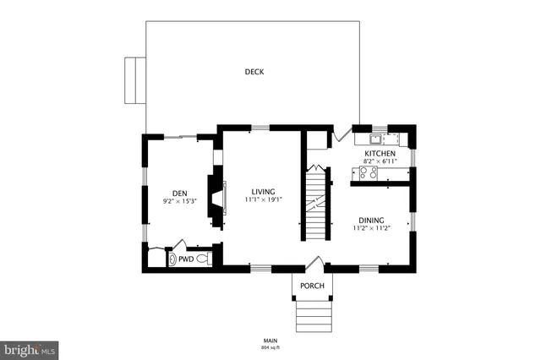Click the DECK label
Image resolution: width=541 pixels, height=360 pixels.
[254, 72]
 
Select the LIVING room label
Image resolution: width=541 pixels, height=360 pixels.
[263, 192]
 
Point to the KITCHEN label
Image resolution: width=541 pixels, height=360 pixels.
[380, 153]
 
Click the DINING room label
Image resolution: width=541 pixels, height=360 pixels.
[369, 219]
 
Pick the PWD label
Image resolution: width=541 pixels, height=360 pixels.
[185, 260]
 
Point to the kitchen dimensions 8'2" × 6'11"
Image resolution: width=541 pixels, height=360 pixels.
[380, 161]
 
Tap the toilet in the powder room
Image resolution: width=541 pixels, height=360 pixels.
[204, 260]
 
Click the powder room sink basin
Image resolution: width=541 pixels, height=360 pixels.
[173, 260]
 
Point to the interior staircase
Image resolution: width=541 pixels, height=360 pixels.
[315, 203]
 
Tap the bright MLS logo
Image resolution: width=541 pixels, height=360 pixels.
[29, 347]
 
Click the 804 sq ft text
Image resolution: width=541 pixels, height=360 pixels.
[270, 347]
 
